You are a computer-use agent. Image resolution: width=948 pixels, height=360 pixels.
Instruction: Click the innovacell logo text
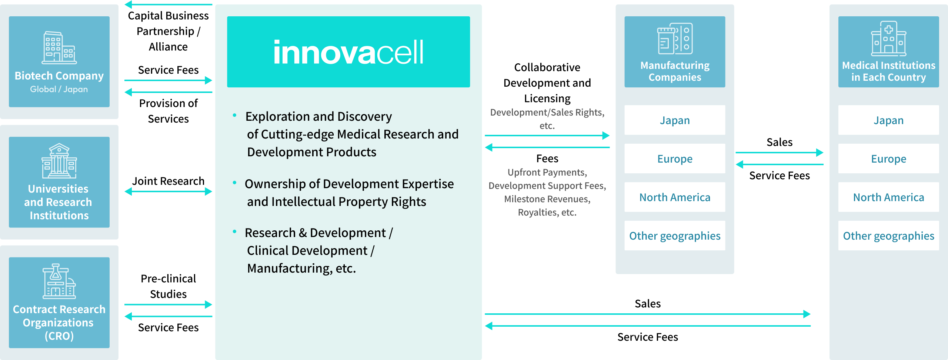click(348, 52)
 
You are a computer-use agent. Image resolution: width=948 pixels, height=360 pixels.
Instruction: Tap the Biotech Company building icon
click(59, 47)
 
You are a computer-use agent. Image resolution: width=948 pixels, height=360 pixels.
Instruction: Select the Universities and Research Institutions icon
click(59, 161)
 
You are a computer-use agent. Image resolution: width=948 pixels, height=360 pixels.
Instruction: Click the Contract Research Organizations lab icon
click(59, 281)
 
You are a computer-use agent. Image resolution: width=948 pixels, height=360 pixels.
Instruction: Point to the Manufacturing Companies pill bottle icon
click(675, 39)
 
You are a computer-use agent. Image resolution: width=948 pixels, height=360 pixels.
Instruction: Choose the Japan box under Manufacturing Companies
click(675, 120)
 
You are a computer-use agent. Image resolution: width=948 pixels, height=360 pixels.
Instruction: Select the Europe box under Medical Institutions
click(889, 159)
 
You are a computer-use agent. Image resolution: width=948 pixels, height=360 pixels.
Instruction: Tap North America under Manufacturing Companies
click(675, 197)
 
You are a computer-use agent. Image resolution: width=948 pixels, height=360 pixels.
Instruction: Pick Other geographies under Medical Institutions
click(889, 236)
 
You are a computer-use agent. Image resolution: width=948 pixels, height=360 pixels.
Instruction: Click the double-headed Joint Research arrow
click(168, 191)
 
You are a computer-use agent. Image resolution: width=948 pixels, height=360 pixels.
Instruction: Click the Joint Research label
click(168, 181)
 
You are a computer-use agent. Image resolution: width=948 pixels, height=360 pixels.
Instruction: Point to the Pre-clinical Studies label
click(168, 286)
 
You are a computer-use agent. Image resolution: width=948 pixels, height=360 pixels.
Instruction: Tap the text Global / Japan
click(59, 89)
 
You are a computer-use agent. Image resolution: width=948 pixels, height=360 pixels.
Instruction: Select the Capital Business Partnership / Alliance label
click(168, 31)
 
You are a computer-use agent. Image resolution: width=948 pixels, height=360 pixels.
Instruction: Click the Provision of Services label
click(168, 111)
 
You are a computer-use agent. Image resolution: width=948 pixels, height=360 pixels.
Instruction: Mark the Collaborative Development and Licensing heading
click(547, 83)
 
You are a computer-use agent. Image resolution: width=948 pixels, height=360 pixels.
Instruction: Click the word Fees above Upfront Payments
click(547, 159)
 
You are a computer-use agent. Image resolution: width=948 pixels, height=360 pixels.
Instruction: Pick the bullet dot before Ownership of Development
click(234, 183)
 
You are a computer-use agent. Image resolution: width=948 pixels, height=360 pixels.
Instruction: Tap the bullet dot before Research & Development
click(234, 231)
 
